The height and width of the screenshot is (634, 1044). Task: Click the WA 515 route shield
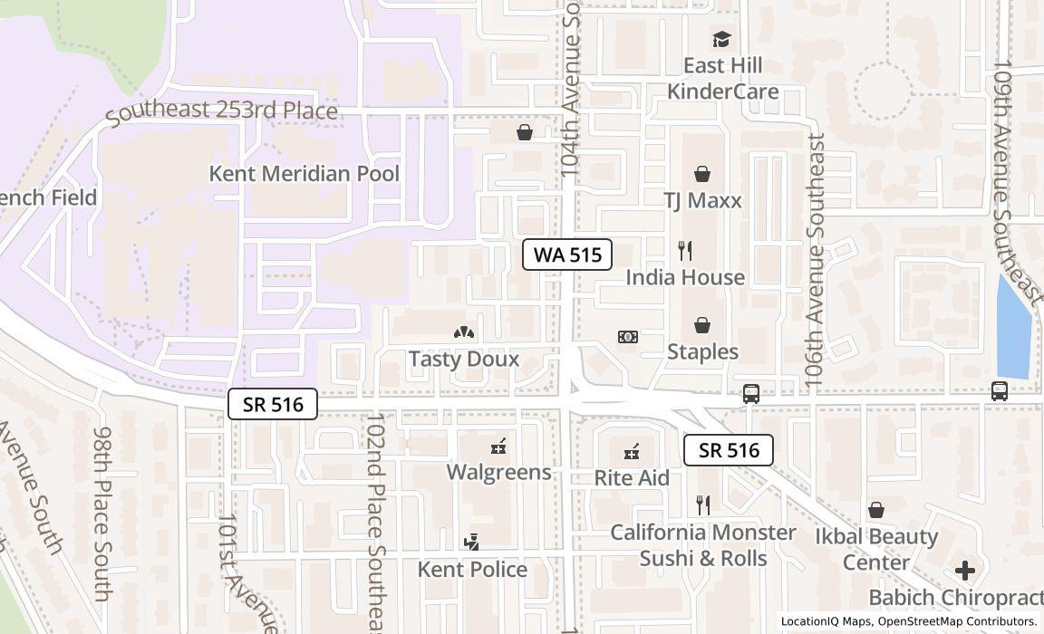click(567, 255)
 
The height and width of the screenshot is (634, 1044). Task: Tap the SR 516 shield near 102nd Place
click(272, 404)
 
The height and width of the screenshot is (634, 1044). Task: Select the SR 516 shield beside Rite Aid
click(728, 450)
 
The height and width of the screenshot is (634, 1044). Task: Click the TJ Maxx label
click(702, 200)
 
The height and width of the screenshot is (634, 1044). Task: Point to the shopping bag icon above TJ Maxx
click(702, 174)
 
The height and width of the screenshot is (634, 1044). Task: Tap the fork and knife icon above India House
click(685, 251)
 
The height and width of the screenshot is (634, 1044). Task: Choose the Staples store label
click(702, 351)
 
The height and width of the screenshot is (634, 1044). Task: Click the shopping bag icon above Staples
click(702, 325)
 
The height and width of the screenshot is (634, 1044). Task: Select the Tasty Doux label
click(464, 359)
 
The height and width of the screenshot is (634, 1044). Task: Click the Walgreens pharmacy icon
click(498, 446)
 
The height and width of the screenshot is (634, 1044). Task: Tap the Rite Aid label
click(632, 477)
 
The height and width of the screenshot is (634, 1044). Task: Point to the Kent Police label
click(472, 569)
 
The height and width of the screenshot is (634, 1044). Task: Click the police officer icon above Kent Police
click(470, 542)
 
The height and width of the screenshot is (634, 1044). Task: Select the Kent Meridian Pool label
click(304, 173)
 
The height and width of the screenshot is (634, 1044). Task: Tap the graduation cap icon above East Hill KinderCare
click(721, 39)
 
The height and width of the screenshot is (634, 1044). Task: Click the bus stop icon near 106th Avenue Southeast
click(751, 393)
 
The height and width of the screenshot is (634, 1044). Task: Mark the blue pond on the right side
click(1013, 328)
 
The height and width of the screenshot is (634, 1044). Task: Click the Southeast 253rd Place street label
click(221, 111)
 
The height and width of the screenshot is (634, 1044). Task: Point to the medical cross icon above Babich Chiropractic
click(965, 571)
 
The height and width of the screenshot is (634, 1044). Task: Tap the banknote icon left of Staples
click(627, 337)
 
